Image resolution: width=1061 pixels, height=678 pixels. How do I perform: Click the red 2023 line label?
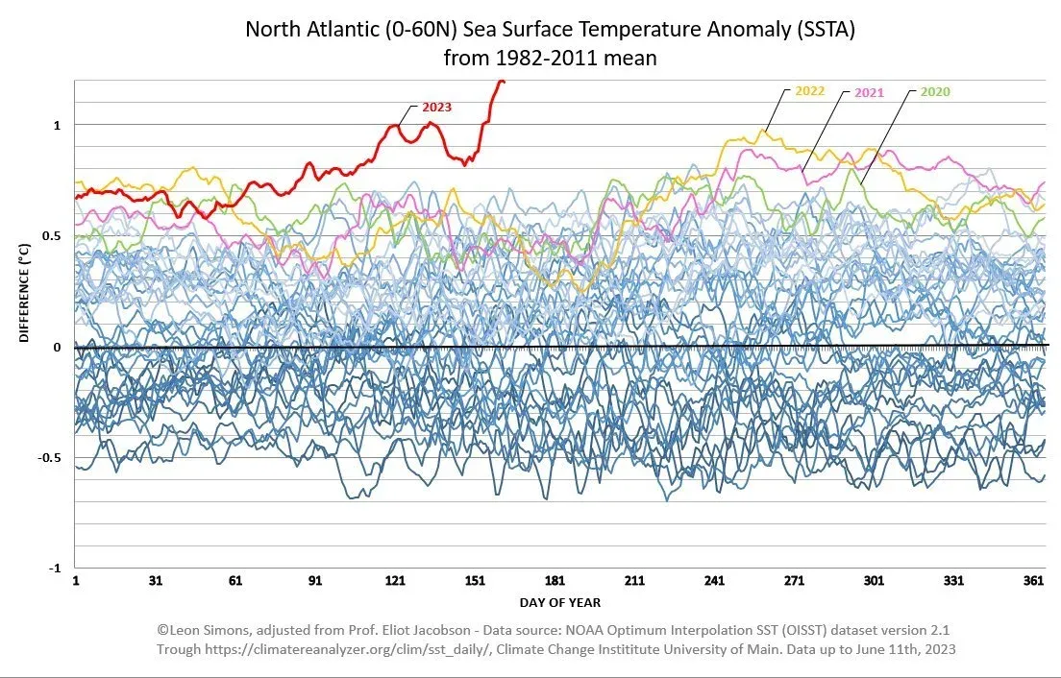[x=435, y=108]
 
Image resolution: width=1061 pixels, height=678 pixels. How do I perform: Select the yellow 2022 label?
[x=810, y=92]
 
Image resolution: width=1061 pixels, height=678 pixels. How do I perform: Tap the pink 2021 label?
[x=869, y=92]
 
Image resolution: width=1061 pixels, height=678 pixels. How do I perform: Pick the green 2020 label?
[x=935, y=92]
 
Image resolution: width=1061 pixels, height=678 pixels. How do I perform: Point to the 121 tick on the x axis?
[x=394, y=582]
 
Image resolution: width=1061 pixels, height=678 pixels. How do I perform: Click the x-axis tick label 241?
[x=714, y=582]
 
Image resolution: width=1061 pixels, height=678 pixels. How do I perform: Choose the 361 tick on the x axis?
[x=1034, y=582]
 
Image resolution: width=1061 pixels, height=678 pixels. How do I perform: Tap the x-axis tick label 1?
[x=75, y=582]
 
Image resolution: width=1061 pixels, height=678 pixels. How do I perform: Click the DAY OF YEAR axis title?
[x=559, y=602]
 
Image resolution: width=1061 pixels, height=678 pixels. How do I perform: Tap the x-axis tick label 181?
[x=554, y=582]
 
